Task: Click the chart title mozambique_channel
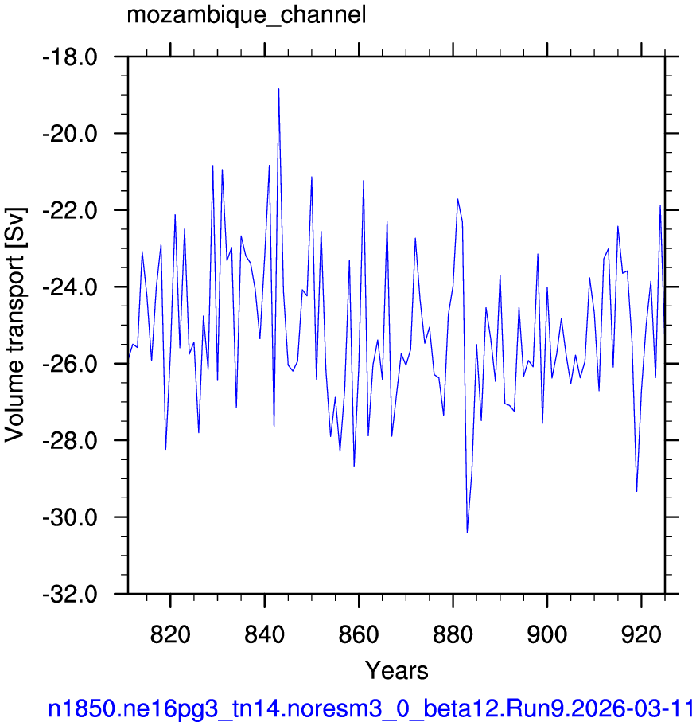[x=247, y=15]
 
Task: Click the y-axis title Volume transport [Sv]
[x=15, y=324]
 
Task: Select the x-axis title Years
[x=397, y=670]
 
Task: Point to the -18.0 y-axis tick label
[x=70, y=57]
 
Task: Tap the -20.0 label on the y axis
[x=70, y=135]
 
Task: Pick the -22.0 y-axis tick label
[x=70, y=211]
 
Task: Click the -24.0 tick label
[x=70, y=287]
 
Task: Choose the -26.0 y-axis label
[x=70, y=365]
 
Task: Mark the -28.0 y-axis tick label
[x=70, y=441]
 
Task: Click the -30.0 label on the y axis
[x=70, y=517]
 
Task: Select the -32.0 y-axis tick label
[x=70, y=595]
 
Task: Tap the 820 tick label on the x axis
[x=170, y=634]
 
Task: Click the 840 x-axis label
[x=265, y=634]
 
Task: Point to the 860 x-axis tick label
[x=359, y=634]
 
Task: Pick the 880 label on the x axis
[x=453, y=634]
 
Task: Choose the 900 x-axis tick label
[x=547, y=634]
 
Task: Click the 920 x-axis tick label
[x=641, y=634]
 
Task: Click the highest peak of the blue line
[x=278, y=88]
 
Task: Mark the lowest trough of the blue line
[x=467, y=533]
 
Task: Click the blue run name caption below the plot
[x=371, y=708]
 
